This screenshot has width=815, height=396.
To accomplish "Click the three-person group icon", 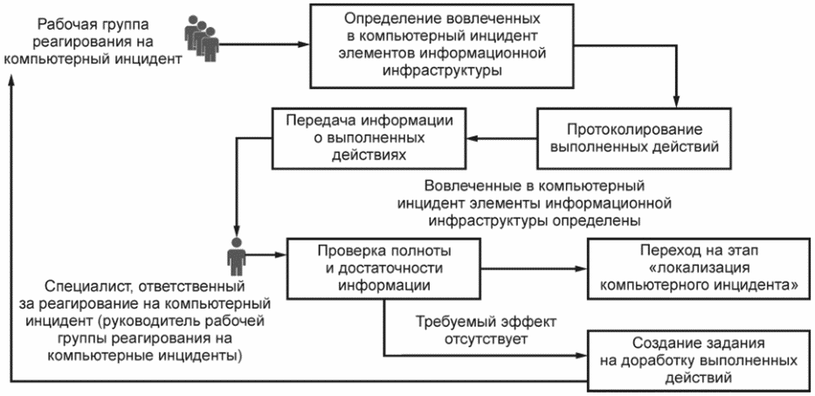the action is tap(202, 38).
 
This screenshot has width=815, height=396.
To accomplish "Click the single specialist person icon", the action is tap(236, 256).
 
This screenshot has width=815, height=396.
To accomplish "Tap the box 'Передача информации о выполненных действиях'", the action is tap(368, 138).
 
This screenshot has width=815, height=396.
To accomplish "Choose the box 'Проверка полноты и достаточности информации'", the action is tap(383, 269).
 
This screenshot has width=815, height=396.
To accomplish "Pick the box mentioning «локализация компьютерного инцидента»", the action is tap(699, 268).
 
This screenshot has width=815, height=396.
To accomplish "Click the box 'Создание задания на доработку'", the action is tap(699, 360).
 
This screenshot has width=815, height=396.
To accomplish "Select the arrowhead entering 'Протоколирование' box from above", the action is tap(676, 102).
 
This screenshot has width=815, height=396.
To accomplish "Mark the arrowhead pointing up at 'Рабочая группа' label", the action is tap(11, 77).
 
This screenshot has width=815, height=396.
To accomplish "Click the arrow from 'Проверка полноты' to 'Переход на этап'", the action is tap(535, 269).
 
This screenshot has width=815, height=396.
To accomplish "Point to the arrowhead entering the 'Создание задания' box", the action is tap(582, 357).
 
